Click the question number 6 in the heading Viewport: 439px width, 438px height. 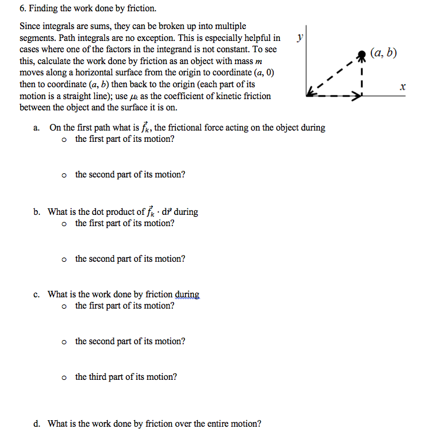coord(22,9)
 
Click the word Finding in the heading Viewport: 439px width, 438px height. coord(45,9)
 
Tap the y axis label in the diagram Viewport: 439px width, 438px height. coord(300,37)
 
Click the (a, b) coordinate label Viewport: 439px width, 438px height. coord(383,53)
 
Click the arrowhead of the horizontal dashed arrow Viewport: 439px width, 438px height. coord(358,93)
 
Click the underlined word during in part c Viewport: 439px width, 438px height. coord(187,294)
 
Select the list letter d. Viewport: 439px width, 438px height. coord(37,424)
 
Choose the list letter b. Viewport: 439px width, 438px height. coord(37,212)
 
